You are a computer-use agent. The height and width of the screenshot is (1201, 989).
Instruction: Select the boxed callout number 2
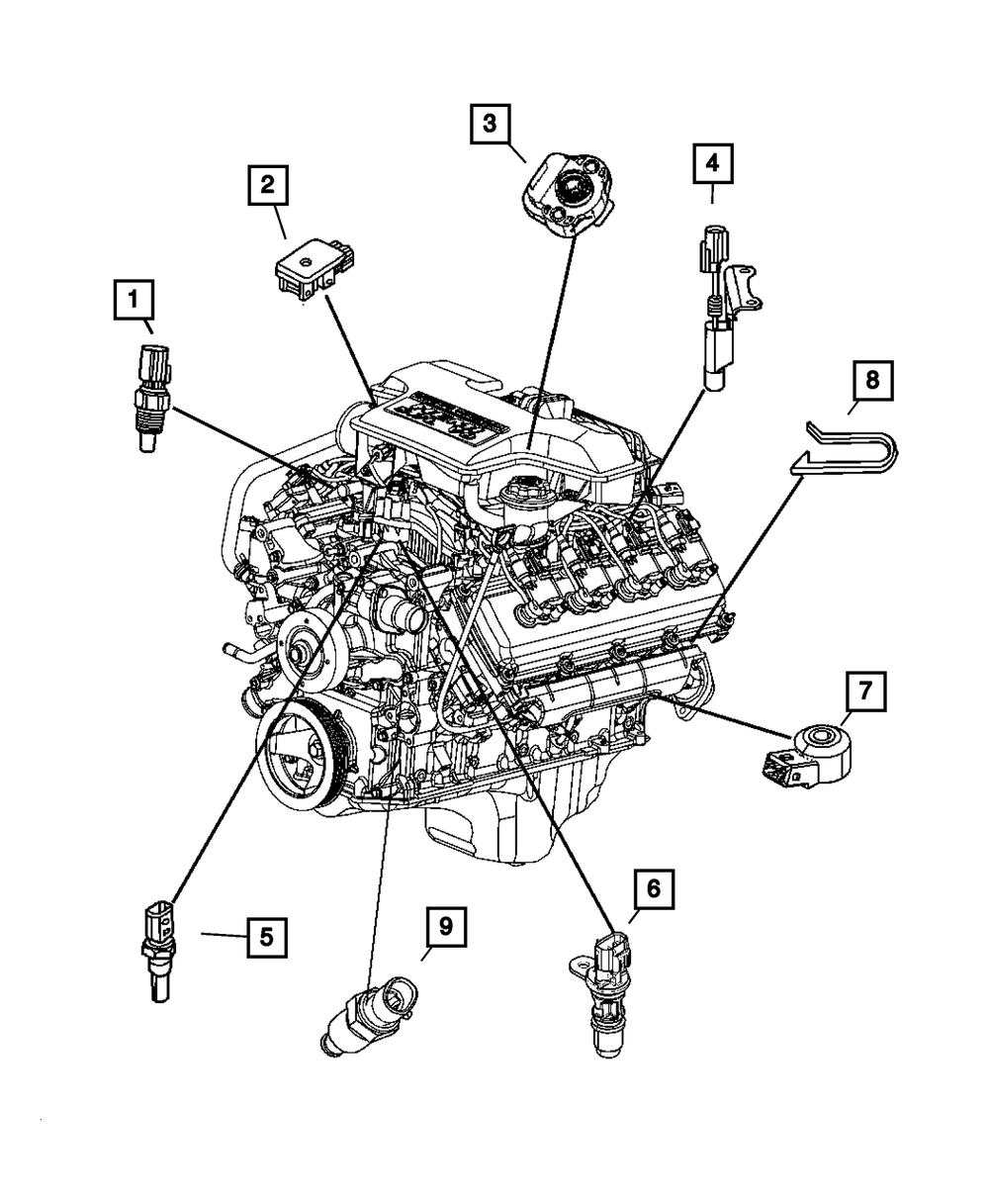[x=267, y=186]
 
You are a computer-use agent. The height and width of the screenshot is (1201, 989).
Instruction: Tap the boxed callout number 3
[x=491, y=125]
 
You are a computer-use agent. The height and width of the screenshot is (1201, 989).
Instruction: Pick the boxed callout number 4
[x=713, y=163]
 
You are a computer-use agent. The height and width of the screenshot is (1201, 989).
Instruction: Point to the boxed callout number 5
[x=266, y=935]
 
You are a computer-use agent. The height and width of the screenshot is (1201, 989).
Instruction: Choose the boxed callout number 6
[x=653, y=888]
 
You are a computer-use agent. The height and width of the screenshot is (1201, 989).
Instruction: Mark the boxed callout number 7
[x=864, y=692]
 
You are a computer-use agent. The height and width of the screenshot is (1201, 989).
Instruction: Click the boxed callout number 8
[x=871, y=380]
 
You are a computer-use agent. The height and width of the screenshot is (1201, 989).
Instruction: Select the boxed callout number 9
[x=446, y=927]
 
